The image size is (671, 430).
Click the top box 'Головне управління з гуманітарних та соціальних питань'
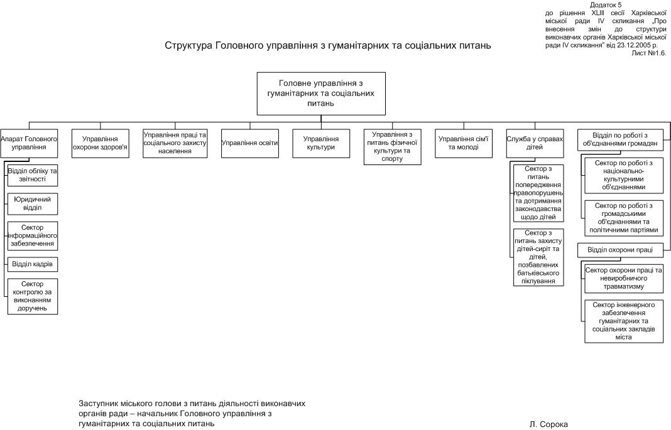tap(321, 94)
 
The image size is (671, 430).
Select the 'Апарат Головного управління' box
tap(29, 143)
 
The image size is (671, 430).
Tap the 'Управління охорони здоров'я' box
tap(101, 143)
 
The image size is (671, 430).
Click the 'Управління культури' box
tap(321, 143)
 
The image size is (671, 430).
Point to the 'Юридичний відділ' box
tap(33, 203)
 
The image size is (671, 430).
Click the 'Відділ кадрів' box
tap(33, 264)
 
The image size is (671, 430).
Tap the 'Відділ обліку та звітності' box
tap(33, 175)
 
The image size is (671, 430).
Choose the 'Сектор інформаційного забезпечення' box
tap(33, 235)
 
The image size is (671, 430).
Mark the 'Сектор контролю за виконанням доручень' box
tap(33, 296)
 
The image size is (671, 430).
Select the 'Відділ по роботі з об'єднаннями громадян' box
tap(619, 139)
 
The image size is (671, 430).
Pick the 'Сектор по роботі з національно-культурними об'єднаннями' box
tap(623, 176)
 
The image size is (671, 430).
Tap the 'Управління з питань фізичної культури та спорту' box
tap(392, 147)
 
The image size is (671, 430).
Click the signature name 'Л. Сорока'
tap(548, 424)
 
